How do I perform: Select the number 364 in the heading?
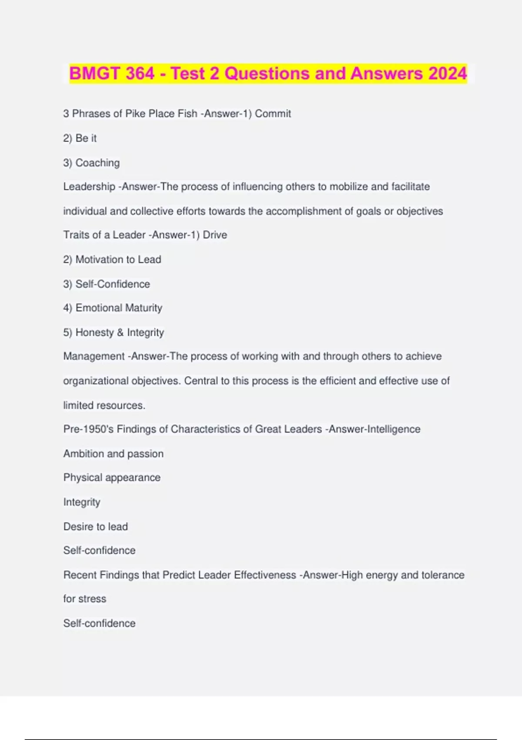point(140,74)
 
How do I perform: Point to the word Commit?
point(273,114)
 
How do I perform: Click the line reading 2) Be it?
point(80,138)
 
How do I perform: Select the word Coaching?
point(97,163)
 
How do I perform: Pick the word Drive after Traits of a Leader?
point(215,235)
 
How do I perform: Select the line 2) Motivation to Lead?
point(112,259)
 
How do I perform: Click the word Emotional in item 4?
point(96,308)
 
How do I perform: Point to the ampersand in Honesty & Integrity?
point(120,333)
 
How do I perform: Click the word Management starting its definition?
point(94,357)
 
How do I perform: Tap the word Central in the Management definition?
point(201,381)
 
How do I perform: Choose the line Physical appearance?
point(112,478)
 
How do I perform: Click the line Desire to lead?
point(96,527)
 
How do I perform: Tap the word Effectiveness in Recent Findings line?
point(265,575)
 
